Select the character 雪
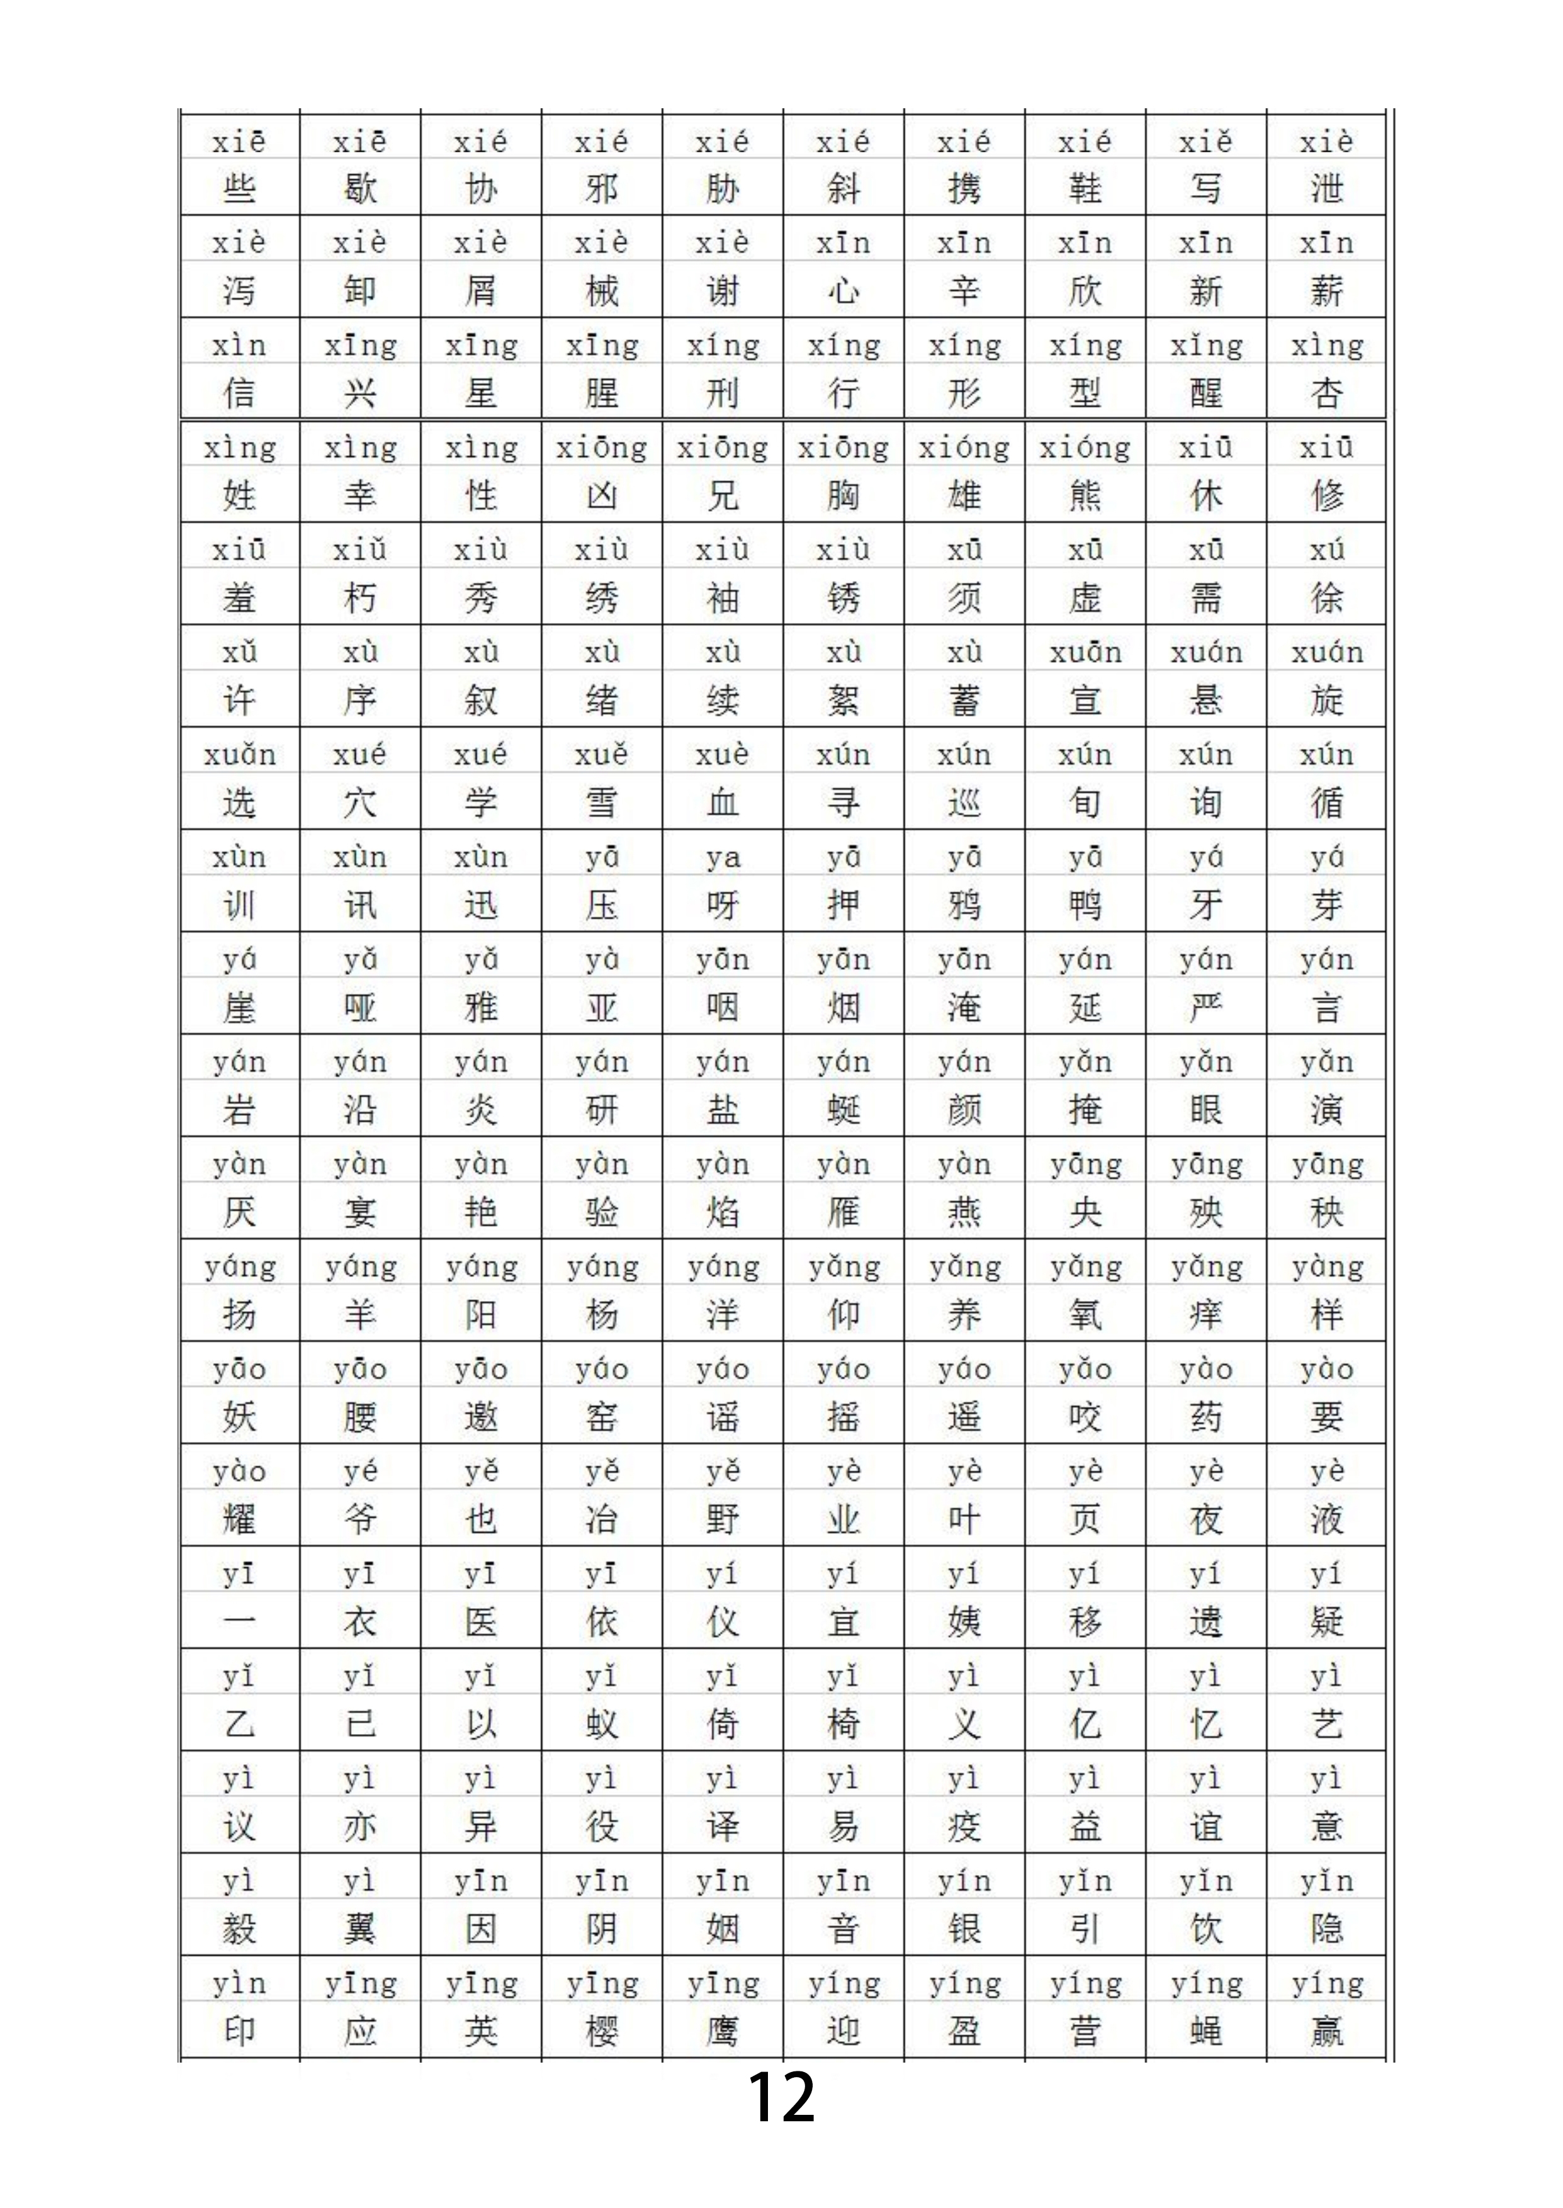pyautogui.click(x=602, y=803)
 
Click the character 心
pyautogui.click(x=843, y=291)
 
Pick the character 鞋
pyautogui.click(x=1085, y=189)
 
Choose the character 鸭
pyautogui.click(x=1085, y=905)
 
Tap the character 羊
pyautogui.click(x=360, y=1314)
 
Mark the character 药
pyautogui.click(x=1206, y=1417)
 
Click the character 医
pyautogui.click(x=480, y=1622)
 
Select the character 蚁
pyautogui.click(x=602, y=1724)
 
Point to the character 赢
pyautogui.click(x=1326, y=2031)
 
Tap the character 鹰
pyautogui.click(x=722, y=2031)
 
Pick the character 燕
pyautogui.click(x=964, y=1212)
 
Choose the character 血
pyautogui.click(x=722, y=803)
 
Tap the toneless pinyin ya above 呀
pyautogui.click(x=722, y=857)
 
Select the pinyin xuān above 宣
pyautogui.click(x=1085, y=652)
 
